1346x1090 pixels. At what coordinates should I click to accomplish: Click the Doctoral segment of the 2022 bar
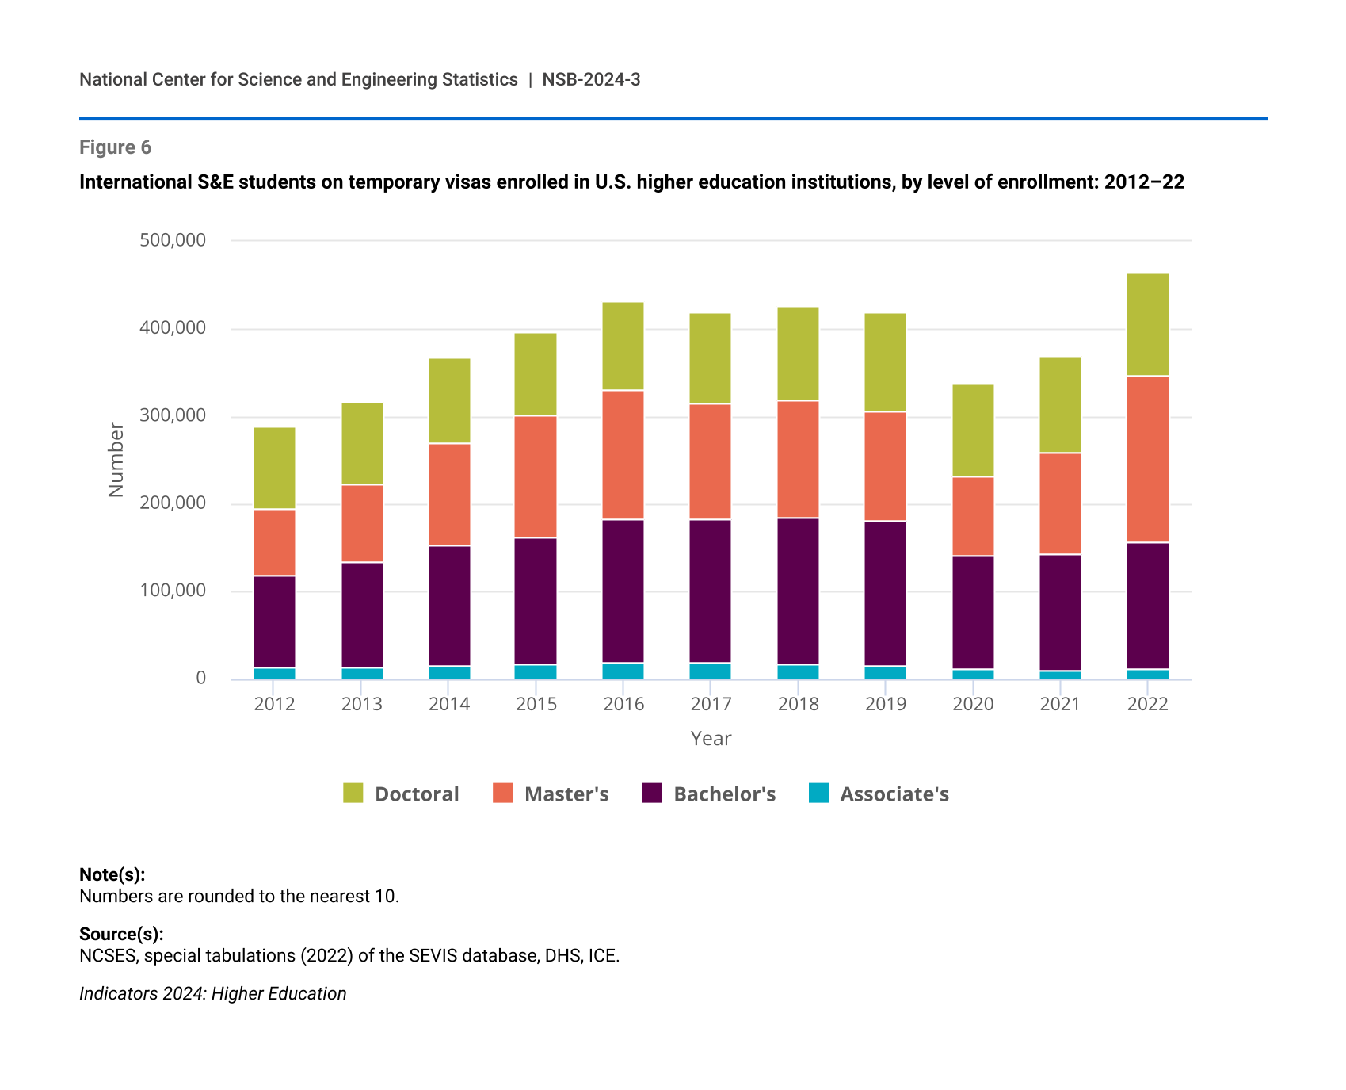tap(1147, 325)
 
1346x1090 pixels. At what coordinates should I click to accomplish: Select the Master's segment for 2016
tap(623, 455)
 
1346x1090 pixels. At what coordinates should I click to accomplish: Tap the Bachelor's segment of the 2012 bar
tap(274, 622)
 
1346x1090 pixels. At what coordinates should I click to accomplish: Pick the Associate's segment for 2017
tap(710, 671)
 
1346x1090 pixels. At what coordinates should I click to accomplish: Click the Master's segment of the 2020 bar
tap(973, 516)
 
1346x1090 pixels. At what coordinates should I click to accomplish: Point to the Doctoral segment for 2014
tap(449, 401)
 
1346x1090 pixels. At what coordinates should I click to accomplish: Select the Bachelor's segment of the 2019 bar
tap(885, 594)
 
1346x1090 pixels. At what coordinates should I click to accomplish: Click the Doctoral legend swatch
tap(353, 794)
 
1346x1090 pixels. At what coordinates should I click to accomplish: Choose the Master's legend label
tap(566, 794)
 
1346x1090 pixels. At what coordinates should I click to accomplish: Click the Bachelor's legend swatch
tap(652, 794)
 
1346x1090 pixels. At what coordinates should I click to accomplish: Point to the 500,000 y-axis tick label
tap(173, 240)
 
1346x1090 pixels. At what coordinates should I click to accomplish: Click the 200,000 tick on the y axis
tap(173, 503)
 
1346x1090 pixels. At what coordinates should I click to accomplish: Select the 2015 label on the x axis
tap(536, 704)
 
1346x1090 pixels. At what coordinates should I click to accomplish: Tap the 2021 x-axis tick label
tap(1060, 704)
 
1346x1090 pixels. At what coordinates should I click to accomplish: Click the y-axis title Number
tap(116, 460)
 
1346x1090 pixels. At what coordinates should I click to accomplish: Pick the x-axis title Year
tap(711, 739)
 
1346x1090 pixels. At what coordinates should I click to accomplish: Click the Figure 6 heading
tap(115, 147)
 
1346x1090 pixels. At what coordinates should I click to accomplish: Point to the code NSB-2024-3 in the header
tap(591, 79)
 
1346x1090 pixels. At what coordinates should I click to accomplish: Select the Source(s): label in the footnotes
tap(121, 934)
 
